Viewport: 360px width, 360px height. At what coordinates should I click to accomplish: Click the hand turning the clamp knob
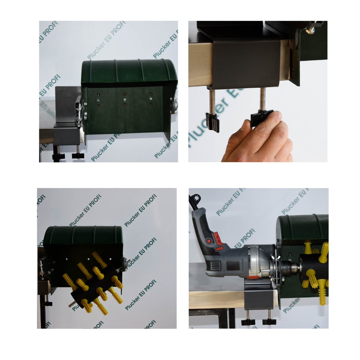(x=261, y=139)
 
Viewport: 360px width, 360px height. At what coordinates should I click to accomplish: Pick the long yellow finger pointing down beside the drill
(x=323, y=294)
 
